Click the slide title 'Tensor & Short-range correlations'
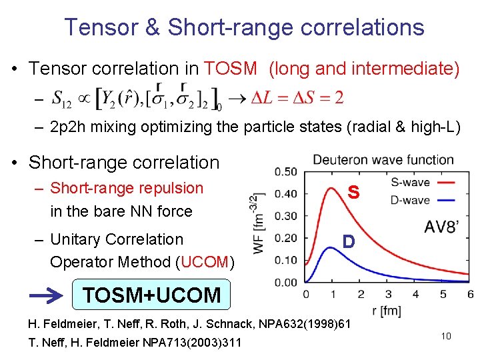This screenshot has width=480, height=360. (x=244, y=27)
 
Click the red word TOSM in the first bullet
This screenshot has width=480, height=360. (x=231, y=69)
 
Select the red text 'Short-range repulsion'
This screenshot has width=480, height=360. (x=127, y=188)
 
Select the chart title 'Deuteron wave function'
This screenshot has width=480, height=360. (x=383, y=160)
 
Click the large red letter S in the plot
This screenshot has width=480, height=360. (x=353, y=193)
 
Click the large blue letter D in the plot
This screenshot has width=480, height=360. (x=347, y=241)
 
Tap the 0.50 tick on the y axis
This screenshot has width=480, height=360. (x=287, y=172)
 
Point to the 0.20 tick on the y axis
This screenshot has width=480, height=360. (x=287, y=238)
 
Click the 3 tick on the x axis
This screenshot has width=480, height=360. (x=388, y=293)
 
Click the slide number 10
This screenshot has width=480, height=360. (x=446, y=336)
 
